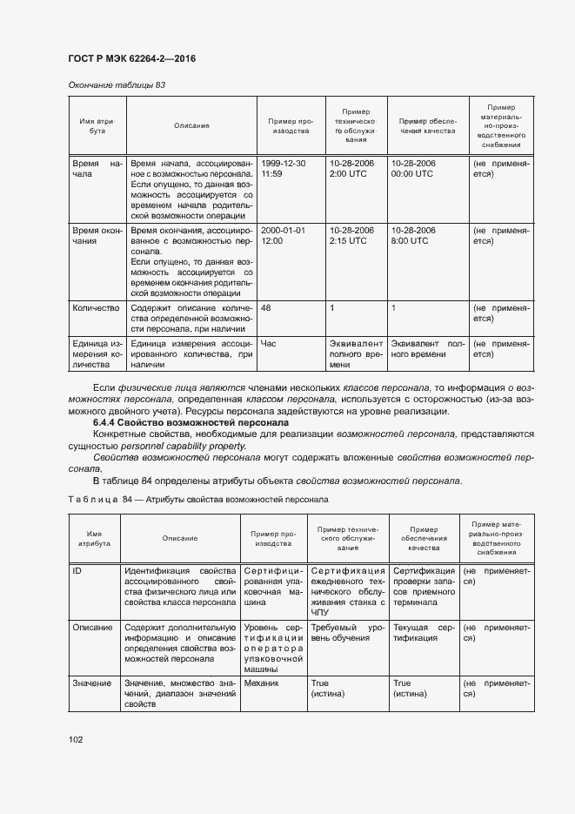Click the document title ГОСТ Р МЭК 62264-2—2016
(x=130, y=58)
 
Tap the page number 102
(x=76, y=739)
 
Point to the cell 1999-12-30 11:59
(x=283, y=169)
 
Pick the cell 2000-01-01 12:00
(x=283, y=235)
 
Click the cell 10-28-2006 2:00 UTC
(x=351, y=169)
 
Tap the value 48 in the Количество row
(x=266, y=308)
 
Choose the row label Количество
(x=97, y=308)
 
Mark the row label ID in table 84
(x=78, y=570)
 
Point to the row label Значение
(x=91, y=683)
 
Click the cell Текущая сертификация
(x=424, y=632)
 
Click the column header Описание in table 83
(x=191, y=125)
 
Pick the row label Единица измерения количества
(x=97, y=353)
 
